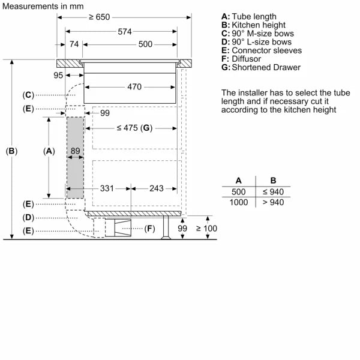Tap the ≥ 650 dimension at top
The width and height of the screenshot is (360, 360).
click(x=100, y=17)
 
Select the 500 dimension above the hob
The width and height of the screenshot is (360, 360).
click(x=145, y=44)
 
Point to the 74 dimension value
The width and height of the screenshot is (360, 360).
click(x=74, y=44)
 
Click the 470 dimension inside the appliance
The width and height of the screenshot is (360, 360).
click(x=134, y=87)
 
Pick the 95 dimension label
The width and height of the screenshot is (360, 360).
click(x=58, y=75)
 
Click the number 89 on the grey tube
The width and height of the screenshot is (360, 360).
click(x=75, y=151)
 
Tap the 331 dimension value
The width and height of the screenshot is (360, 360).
click(x=107, y=188)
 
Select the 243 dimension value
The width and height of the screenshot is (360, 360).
click(x=156, y=188)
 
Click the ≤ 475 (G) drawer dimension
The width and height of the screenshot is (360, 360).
click(x=134, y=128)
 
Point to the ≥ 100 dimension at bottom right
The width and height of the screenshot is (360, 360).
click(x=209, y=229)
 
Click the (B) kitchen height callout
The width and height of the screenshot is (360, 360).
click(x=11, y=152)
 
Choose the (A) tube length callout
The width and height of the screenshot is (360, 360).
click(x=49, y=152)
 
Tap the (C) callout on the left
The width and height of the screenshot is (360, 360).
click(x=28, y=95)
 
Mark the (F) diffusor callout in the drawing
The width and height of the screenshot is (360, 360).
click(x=150, y=229)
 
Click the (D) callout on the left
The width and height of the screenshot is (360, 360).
click(x=28, y=217)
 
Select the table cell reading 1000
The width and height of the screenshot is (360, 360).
click(x=239, y=203)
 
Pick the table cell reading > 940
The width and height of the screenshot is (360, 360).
click(x=273, y=203)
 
